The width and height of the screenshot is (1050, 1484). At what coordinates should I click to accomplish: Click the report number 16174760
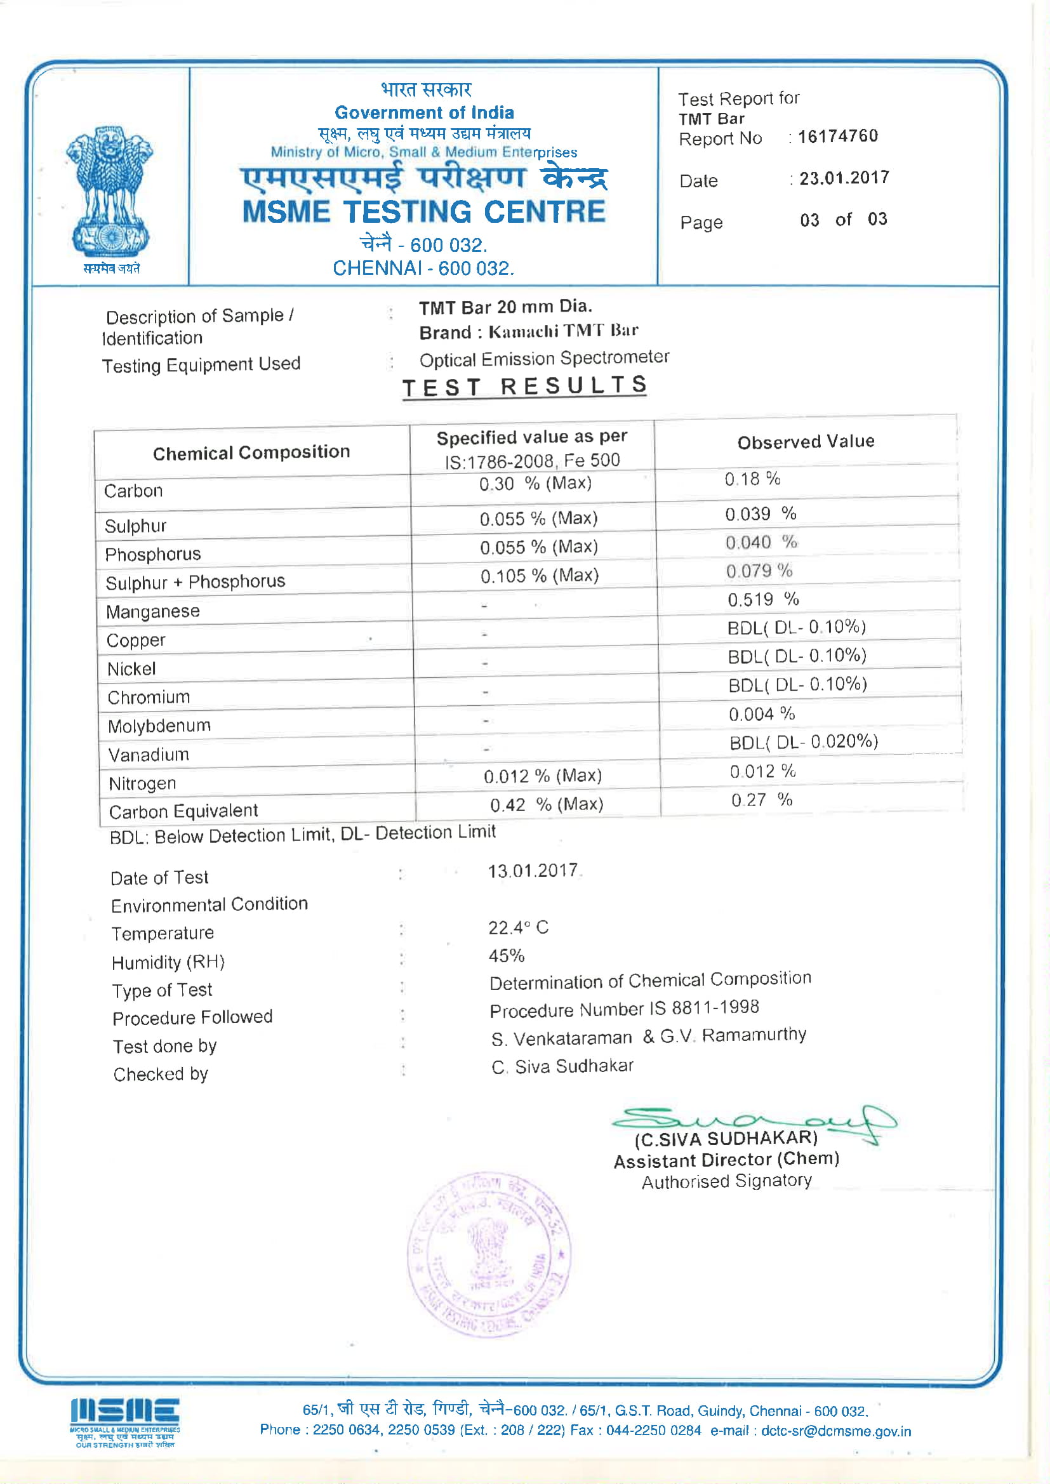(838, 136)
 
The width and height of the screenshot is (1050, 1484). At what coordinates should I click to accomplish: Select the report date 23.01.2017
(844, 178)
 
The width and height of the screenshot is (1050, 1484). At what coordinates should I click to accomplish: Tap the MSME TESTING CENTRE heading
(424, 212)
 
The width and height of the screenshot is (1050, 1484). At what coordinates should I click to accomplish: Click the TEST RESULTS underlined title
(524, 387)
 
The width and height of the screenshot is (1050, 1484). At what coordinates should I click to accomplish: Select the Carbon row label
(134, 491)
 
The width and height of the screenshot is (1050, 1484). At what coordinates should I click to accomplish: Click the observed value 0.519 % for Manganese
(763, 599)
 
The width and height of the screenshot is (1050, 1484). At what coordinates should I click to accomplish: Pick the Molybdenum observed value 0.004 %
(762, 713)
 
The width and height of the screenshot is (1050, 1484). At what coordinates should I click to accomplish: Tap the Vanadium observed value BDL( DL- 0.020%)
(804, 742)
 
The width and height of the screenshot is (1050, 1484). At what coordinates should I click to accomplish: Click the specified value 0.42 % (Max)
(547, 805)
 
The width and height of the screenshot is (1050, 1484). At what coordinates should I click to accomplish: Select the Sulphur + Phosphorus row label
(196, 582)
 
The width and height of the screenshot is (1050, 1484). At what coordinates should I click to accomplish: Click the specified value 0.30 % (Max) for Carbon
(535, 484)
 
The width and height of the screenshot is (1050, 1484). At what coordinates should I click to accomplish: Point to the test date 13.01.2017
(533, 871)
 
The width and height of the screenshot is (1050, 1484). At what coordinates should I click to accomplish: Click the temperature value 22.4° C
(518, 927)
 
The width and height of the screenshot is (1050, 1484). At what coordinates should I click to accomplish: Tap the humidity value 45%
(506, 955)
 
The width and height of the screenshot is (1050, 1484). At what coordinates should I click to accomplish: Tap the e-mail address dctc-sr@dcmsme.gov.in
(836, 1431)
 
